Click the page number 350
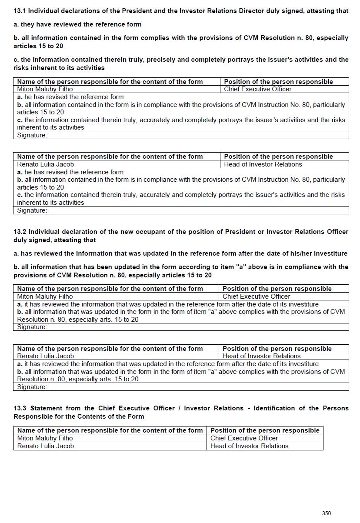click(x=327, y=513)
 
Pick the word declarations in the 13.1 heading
click(x=73, y=11)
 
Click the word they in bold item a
click(x=28, y=24)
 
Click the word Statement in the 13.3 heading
click(x=46, y=408)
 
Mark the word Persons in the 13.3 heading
click(x=336, y=408)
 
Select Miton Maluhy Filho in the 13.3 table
click(x=45, y=438)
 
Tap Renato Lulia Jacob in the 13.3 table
click(x=45, y=446)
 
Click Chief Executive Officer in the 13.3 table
click(x=244, y=438)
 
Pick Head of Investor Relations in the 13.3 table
click(x=249, y=446)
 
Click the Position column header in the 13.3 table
click(x=265, y=430)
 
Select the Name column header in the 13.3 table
click(x=110, y=430)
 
